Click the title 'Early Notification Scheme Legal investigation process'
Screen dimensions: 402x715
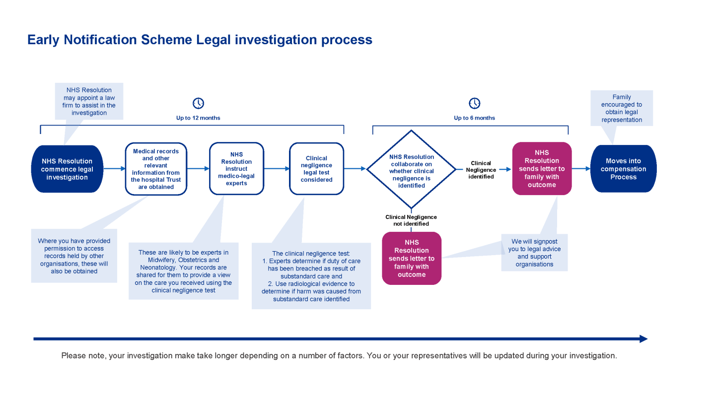click(200, 40)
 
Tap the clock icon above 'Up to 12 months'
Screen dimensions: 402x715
click(198, 103)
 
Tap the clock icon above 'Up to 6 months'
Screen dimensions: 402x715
click(475, 103)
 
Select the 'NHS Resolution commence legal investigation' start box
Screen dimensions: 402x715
click(67, 169)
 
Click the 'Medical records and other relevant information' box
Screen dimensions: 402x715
click(156, 169)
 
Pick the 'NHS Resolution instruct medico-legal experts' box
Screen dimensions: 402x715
click(236, 169)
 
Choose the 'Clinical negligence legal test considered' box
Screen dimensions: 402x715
click(316, 169)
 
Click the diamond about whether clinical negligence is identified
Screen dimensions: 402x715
click(411, 169)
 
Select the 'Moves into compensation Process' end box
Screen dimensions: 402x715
click(623, 169)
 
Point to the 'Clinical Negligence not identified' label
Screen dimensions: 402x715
click(411, 220)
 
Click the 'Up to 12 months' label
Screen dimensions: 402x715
click(198, 118)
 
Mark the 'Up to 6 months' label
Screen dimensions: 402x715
click(475, 118)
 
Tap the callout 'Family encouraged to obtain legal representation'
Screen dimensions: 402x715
click(621, 108)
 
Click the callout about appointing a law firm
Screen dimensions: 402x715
click(89, 101)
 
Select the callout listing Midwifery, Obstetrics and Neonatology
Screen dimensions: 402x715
click(183, 271)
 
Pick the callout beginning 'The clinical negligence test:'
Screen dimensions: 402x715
click(311, 276)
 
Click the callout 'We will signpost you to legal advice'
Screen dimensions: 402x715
click(534, 253)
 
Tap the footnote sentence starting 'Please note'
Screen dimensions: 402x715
click(339, 356)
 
